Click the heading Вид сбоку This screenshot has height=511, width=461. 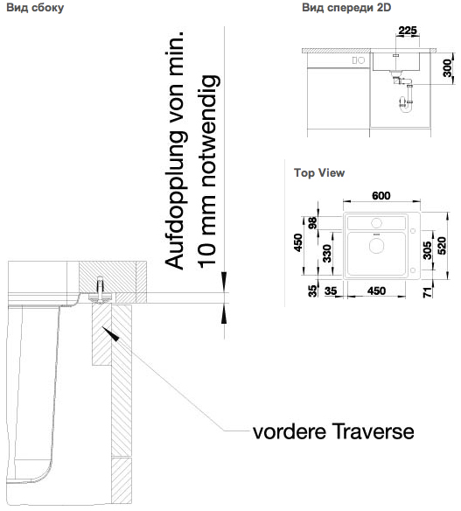35,8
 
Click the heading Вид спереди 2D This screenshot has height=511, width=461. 346,8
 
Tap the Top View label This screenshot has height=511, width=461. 319,172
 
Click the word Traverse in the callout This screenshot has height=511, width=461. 374,432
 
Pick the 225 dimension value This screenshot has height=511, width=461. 408,31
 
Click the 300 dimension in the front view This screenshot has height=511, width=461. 448,68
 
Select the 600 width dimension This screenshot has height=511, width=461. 381,195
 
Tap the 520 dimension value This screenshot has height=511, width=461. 442,245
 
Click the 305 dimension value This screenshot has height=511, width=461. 427,250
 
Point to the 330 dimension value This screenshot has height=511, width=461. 327,253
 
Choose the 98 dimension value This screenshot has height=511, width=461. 312,223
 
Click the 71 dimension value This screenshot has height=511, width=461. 428,292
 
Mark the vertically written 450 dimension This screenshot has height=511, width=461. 298,242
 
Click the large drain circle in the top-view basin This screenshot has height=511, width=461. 376,245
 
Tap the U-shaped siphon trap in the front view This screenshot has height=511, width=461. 406,103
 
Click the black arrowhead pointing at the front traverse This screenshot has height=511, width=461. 110,333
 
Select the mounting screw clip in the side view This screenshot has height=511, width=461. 100,290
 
